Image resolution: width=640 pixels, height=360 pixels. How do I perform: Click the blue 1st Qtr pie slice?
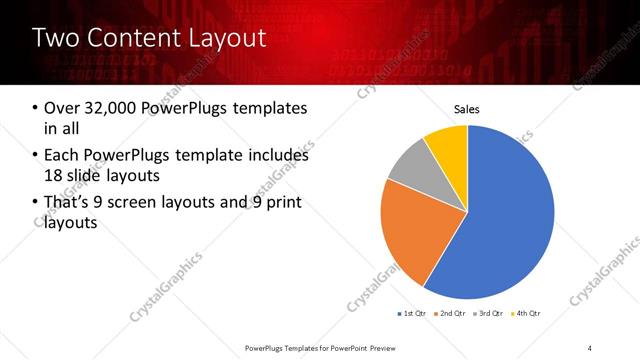(510, 220)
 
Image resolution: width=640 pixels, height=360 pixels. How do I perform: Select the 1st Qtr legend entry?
(413, 314)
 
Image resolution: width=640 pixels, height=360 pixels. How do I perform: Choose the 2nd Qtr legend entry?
(450, 314)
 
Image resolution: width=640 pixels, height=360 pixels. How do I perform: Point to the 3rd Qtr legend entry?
(487, 314)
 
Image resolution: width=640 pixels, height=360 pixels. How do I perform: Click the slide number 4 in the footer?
(590, 347)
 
